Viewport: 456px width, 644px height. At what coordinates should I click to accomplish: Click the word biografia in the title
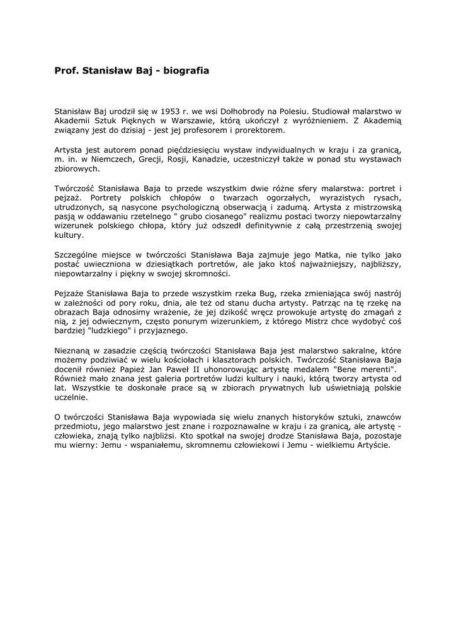pos(186,72)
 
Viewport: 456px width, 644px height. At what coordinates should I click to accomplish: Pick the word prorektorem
pos(259,130)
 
